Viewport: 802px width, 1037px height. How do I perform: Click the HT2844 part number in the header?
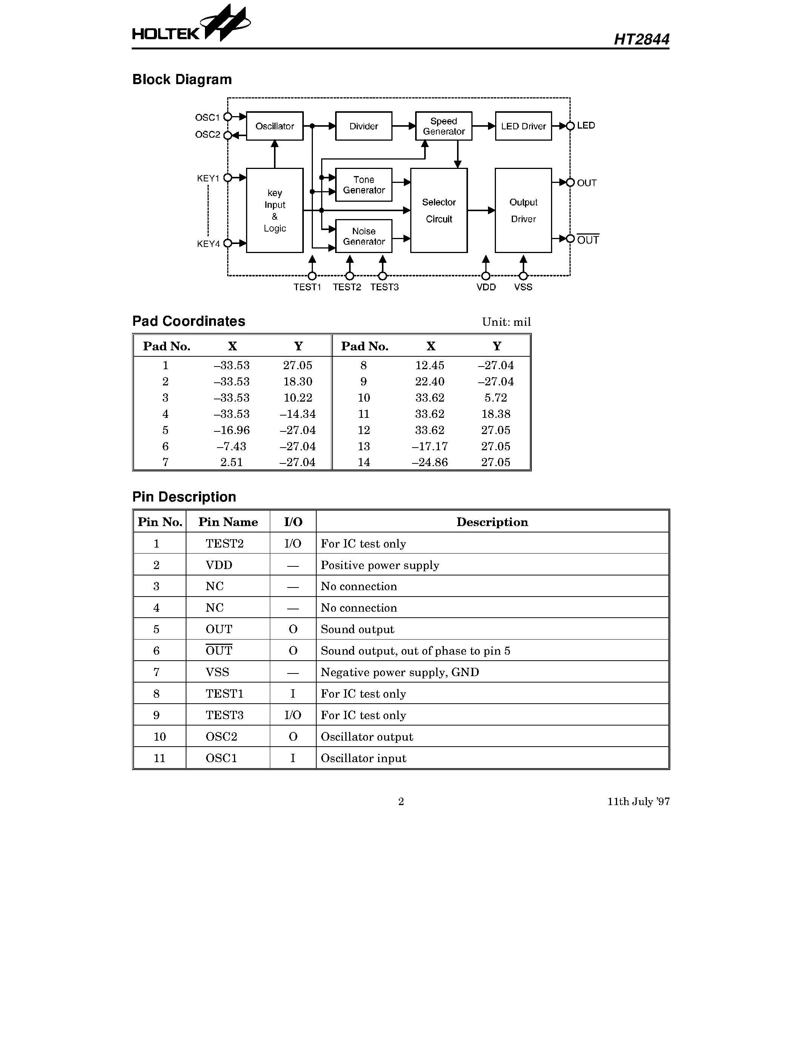[x=641, y=39]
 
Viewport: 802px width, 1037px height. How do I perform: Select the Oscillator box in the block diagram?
[x=275, y=126]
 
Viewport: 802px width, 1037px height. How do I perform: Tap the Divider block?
[x=363, y=126]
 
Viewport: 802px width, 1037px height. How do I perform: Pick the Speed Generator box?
[x=443, y=126]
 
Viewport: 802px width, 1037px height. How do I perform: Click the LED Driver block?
[x=523, y=126]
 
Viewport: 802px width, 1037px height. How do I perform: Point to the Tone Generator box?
[x=363, y=185]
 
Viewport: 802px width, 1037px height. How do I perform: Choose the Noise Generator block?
[x=363, y=236]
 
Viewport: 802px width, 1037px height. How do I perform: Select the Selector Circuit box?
[x=439, y=210]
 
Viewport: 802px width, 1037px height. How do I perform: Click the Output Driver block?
[x=523, y=210]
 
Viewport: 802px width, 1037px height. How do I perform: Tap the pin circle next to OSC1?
[x=228, y=117]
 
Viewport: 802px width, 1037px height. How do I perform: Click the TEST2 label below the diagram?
[x=346, y=287]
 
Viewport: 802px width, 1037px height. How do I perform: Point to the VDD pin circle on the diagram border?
[x=486, y=276]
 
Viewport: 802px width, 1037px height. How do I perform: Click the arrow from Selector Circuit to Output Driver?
[x=481, y=210]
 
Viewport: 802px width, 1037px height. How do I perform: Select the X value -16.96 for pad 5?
[x=231, y=430]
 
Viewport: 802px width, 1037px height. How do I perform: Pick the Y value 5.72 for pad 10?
[x=496, y=398]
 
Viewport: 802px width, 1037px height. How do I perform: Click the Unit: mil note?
[x=506, y=322]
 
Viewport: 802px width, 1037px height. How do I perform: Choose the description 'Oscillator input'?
[x=363, y=758]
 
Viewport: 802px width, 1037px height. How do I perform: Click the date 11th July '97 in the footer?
[x=638, y=801]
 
